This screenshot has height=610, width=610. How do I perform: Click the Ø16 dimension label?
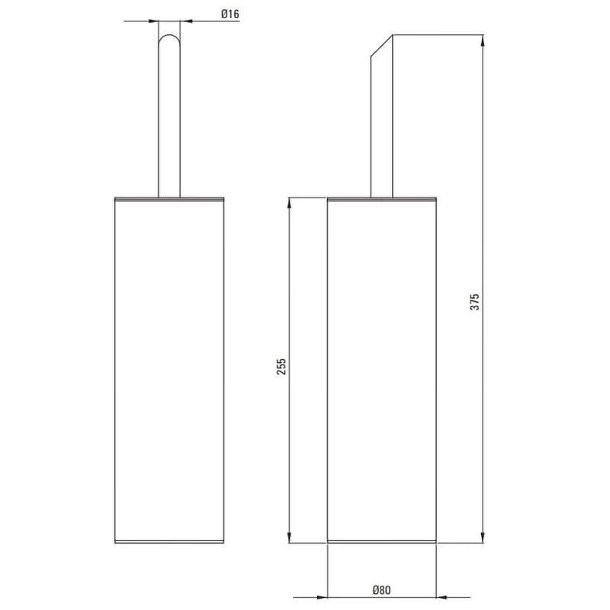tap(230, 14)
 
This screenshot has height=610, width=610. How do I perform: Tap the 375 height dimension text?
tap(475, 302)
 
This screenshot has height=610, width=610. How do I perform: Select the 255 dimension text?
tap(281, 367)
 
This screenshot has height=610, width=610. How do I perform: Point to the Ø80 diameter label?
tap(381, 590)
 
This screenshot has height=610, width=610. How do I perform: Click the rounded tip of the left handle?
tap(169, 35)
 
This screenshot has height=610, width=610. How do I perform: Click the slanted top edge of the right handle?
tap(382, 46)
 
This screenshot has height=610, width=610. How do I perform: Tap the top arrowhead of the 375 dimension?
tap(483, 40)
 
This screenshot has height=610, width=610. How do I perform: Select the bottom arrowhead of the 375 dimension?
tap(483, 538)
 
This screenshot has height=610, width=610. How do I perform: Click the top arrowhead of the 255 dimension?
tap(289, 204)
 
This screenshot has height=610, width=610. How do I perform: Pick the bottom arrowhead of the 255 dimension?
tap(289, 538)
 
